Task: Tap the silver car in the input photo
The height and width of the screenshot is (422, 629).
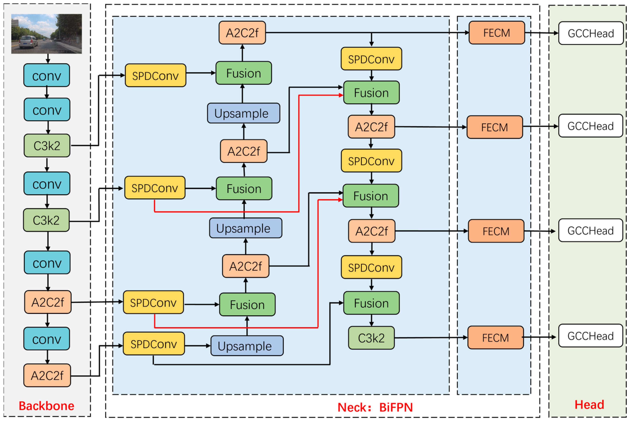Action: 28,42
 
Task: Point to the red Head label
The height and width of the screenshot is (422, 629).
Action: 589,405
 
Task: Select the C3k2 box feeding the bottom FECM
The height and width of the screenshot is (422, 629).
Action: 371,338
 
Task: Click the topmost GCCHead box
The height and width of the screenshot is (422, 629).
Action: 591,33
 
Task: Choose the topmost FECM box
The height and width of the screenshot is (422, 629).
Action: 497,33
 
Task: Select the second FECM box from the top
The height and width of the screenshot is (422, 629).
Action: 495,127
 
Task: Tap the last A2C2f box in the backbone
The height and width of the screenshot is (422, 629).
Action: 47,375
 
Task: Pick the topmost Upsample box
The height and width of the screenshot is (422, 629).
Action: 243,113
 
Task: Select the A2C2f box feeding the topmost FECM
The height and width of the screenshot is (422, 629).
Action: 242,33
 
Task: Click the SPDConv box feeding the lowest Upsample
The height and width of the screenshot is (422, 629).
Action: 154,344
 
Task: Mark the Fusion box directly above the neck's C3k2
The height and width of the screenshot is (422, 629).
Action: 371,303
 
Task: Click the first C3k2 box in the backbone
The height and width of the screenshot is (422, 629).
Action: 47,146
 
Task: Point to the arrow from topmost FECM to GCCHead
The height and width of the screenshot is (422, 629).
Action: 542,33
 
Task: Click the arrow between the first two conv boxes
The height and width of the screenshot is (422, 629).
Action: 47,92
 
